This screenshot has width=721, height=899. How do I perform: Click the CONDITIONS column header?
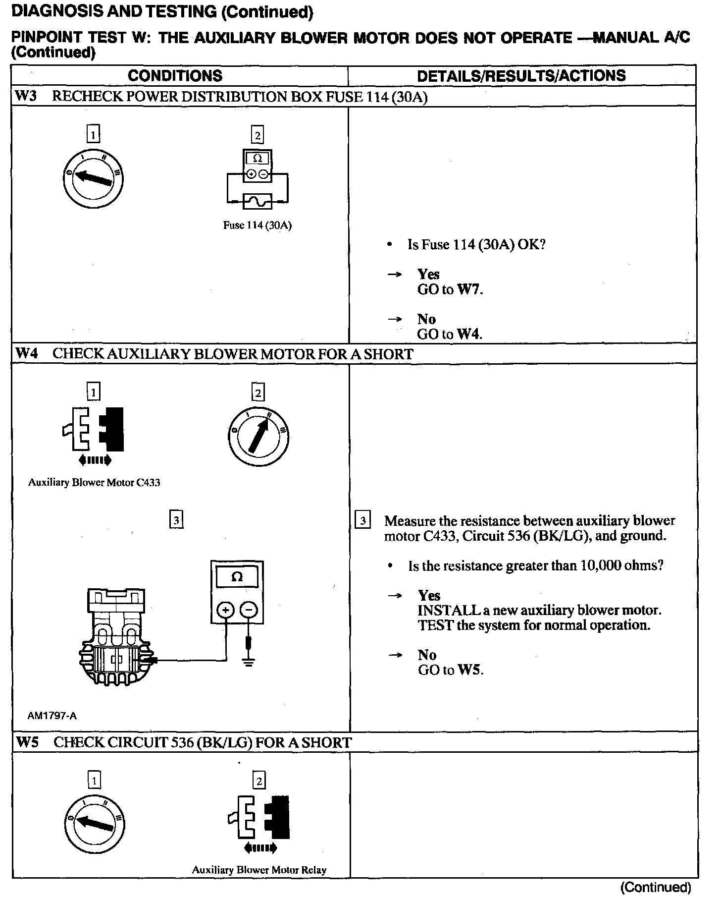(x=175, y=75)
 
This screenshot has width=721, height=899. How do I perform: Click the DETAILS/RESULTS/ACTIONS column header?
(x=521, y=75)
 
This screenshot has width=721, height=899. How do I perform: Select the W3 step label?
(x=26, y=96)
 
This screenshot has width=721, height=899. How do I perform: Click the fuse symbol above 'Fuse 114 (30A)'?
(x=257, y=202)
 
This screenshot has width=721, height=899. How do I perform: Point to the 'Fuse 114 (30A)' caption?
(x=257, y=225)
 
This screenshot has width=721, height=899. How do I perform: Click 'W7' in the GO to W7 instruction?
(x=468, y=289)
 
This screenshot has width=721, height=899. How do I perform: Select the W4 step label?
(x=27, y=354)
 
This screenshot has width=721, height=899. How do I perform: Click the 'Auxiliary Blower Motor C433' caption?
(x=94, y=483)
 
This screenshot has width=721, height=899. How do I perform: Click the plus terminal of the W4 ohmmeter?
(x=226, y=610)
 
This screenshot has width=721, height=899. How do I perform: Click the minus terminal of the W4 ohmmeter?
(x=249, y=610)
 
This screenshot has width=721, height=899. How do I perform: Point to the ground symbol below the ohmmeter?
(x=249, y=662)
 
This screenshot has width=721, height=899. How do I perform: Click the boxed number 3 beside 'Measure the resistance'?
(x=363, y=521)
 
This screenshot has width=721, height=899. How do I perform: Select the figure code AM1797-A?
(x=52, y=716)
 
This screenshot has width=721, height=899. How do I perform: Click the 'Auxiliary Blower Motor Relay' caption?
(x=259, y=870)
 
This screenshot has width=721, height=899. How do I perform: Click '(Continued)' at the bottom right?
(x=655, y=887)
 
